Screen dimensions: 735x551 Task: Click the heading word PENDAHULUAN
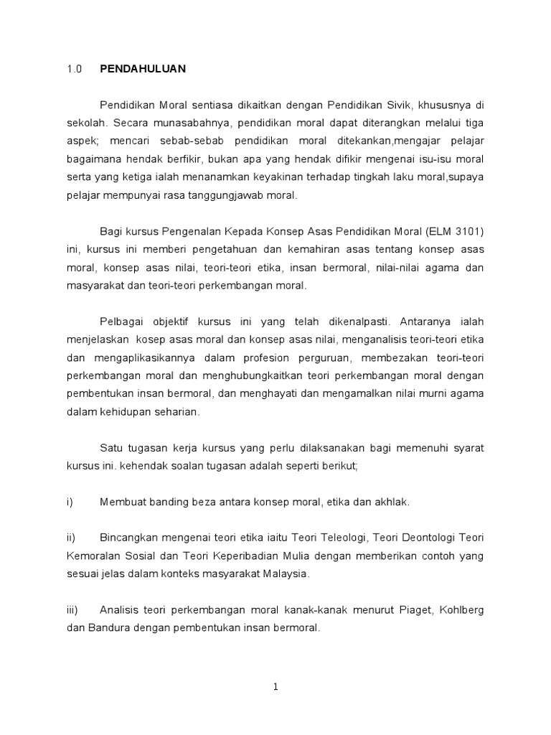143,69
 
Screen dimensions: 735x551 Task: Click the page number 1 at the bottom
275,687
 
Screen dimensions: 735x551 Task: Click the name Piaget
397,609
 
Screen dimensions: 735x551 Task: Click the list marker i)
70,502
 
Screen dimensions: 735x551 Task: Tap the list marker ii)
70,538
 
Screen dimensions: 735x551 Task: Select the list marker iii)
72,609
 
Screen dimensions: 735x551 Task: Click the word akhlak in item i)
392,502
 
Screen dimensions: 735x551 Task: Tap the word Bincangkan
133,538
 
